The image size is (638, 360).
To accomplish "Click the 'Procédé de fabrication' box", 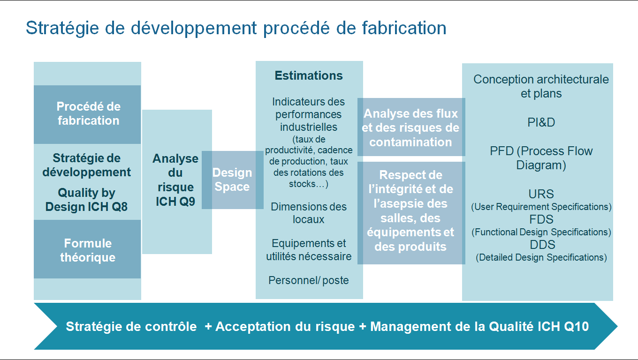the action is (x=87, y=114).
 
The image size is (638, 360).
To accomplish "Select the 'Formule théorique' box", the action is (x=87, y=249).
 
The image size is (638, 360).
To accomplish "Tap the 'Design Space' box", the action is (x=232, y=180).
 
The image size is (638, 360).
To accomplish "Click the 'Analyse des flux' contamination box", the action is (x=411, y=127).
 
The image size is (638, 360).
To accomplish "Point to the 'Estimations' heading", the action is (x=309, y=75).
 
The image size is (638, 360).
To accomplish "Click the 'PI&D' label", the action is (x=541, y=122).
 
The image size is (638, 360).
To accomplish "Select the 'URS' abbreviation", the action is (x=541, y=194).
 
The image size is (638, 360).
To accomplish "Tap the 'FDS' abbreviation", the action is (x=541, y=219).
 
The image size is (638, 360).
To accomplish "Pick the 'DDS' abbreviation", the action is (x=542, y=245).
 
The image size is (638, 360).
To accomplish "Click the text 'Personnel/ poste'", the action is (x=309, y=280).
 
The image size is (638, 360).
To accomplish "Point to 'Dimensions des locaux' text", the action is (x=309, y=213).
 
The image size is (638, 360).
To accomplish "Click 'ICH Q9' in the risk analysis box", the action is (x=175, y=202).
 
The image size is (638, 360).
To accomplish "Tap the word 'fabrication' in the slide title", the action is (x=404, y=28).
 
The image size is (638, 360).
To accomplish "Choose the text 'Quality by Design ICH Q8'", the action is (x=87, y=200).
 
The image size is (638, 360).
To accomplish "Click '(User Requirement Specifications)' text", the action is (x=541, y=207).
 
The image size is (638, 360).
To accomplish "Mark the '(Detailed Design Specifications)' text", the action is (x=541, y=257).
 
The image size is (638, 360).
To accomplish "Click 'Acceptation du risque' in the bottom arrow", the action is (x=285, y=326).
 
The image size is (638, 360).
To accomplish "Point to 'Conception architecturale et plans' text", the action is (x=541, y=86).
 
